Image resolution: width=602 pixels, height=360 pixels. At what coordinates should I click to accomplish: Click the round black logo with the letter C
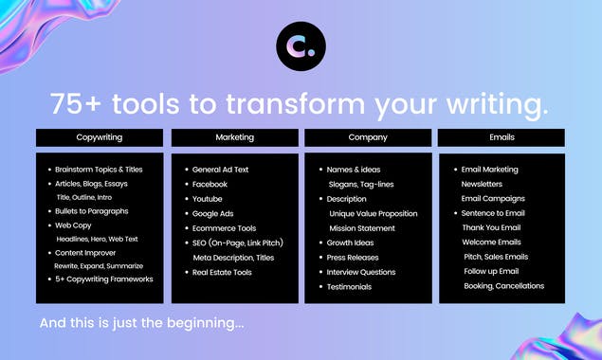[x=301, y=45]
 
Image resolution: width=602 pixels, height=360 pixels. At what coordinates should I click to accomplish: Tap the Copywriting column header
[x=100, y=137]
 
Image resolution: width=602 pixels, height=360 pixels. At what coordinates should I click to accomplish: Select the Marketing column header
[x=234, y=137]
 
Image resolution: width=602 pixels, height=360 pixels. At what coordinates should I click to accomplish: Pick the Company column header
[x=368, y=137]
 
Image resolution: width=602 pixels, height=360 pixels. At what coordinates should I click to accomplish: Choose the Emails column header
[x=502, y=137]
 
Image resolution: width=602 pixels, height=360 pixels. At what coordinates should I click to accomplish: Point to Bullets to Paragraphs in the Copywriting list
[x=92, y=211]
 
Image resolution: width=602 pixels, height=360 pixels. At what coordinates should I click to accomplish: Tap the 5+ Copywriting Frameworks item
[x=103, y=279]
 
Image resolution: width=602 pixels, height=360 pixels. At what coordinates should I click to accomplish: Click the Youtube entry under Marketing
[x=207, y=199]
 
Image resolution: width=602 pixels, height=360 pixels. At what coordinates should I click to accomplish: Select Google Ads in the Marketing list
[x=212, y=213]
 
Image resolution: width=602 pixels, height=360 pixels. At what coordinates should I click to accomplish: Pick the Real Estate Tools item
[x=222, y=272]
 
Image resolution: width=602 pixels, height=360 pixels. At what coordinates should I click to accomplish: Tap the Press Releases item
[x=353, y=257]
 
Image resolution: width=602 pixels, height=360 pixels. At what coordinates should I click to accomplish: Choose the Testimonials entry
[x=349, y=286]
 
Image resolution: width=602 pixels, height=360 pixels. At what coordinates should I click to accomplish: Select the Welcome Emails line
[x=491, y=243]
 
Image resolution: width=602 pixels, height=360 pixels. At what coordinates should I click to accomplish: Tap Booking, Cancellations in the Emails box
[x=503, y=286]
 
